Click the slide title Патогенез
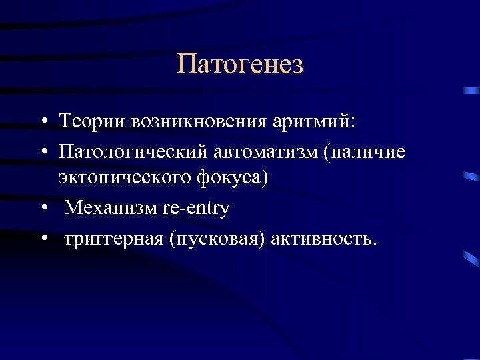(x=240, y=65)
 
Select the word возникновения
(x=199, y=123)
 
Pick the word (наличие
(x=364, y=152)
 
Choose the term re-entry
(x=196, y=209)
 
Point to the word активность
(x=321, y=238)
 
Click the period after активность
(x=375, y=243)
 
